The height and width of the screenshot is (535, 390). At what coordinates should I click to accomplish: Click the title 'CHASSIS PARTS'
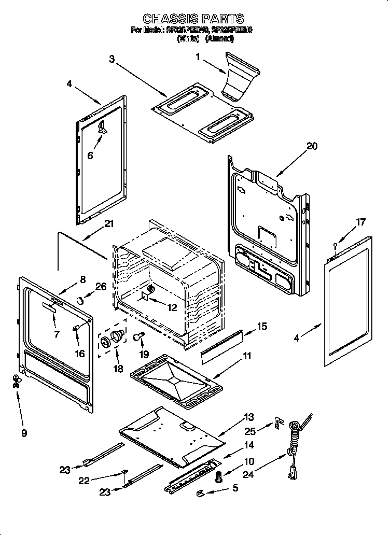point(193,20)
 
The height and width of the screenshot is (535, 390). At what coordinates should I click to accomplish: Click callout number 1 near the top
point(197,58)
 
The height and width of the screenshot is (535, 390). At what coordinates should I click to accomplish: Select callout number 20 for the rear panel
point(312,146)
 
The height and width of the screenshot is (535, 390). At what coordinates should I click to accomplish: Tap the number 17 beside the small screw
point(360,222)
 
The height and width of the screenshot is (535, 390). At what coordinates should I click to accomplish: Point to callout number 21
point(108,224)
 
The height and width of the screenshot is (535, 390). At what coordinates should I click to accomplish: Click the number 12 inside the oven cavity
point(172,307)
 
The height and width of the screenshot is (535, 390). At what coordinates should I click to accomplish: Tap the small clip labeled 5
point(200,492)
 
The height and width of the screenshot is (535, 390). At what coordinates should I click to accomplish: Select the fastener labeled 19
point(138,337)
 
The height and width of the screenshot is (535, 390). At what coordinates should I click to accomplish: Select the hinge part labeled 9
point(17,382)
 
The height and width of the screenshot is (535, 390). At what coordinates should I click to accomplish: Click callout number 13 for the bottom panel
point(250,417)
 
